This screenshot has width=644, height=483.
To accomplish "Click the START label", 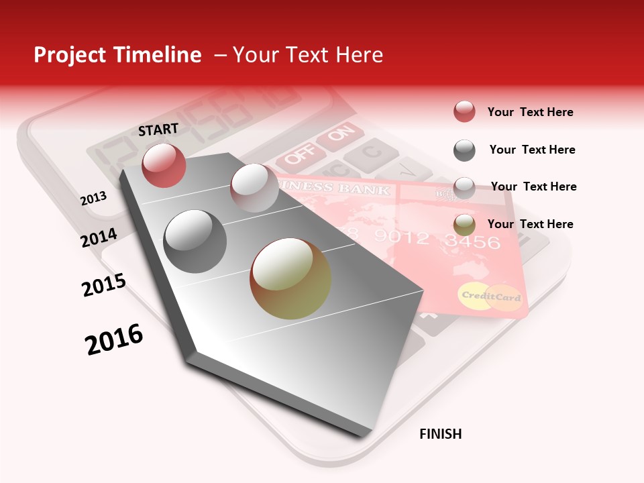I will [x=158, y=129].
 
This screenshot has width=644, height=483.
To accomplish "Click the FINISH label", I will [x=441, y=434].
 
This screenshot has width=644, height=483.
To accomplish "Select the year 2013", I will [x=94, y=199].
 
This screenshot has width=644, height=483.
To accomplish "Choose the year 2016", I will [x=114, y=339].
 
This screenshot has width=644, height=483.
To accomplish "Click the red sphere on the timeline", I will [x=164, y=164].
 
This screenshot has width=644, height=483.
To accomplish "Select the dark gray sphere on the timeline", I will [x=195, y=241].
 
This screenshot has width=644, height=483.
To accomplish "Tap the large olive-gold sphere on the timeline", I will [x=290, y=278].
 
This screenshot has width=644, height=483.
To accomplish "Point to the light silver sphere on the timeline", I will [x=254, y=188].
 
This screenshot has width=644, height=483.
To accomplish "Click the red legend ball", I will [x=464, y=112].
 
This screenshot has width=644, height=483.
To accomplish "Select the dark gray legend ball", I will [x=464, y=150].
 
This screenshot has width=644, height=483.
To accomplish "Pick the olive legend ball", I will [x=464, y=225].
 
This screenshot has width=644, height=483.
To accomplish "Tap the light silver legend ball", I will [x=464, y=188].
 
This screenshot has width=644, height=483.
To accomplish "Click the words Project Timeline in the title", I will [x=117, y=55].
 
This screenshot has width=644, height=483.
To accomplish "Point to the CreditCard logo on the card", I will [x=491, y=297].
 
